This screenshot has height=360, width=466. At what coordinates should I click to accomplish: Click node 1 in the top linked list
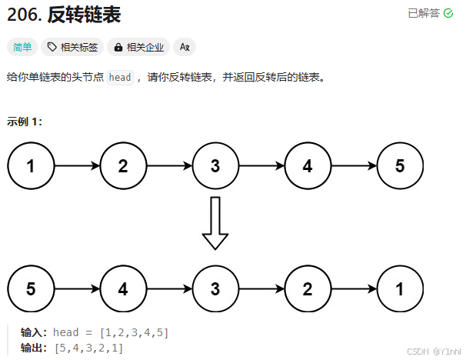click(31, 165)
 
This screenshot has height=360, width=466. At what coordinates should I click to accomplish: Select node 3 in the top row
click(215, 165)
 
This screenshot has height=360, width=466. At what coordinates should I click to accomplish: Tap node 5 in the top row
click(400, 165)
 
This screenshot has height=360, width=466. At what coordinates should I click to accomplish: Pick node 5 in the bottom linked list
click(31, 289)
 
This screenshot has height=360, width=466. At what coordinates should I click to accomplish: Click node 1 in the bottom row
click(400, 289)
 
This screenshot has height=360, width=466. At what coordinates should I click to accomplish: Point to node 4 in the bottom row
click(123, 289)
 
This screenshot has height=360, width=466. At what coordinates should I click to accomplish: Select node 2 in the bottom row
click(308, 289)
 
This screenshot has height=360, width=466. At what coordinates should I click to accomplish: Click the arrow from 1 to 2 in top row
click(77, 165)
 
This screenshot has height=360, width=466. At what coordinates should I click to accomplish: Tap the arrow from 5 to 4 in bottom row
click(77, 289)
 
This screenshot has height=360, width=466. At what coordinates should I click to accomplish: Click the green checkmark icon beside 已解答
click(448, 13)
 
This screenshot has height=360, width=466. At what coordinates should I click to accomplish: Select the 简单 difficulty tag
click(22, 47)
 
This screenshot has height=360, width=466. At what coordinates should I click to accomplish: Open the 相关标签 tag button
click(72, 47)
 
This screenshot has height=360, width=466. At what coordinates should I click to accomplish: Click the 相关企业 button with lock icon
click(138, 47)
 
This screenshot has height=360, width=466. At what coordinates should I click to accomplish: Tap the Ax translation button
click(185, 47)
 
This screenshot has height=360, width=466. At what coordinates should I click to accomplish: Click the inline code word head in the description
click(120, 78)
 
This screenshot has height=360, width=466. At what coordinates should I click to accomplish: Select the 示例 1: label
click(25, 122)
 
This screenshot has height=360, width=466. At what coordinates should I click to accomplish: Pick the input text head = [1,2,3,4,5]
click(111, 332)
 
